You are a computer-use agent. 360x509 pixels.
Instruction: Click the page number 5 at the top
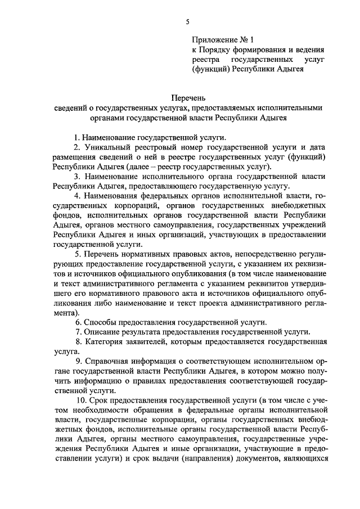(188, 22)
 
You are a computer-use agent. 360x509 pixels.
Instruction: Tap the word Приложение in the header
(213, 40)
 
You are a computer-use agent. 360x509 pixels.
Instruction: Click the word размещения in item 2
(74, 157)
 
